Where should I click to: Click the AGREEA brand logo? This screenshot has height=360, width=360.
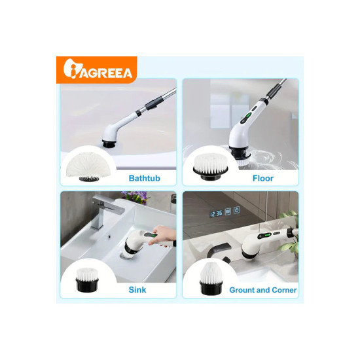[x=98, y=69]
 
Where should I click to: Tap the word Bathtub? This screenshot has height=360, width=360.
[x=145, y=179]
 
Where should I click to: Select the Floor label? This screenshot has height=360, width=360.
[x=263, y=179]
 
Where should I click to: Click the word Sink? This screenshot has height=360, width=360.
[x=137, y=290]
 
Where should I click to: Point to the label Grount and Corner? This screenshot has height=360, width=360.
[x=263, y=290]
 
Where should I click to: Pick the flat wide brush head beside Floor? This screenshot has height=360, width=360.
[x=211, y=167]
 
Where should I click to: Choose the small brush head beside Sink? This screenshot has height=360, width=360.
[x=87, y=280]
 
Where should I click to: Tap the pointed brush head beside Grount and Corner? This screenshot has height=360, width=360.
[x=211, y=278]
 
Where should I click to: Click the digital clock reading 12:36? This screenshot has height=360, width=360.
[x=216, y=214]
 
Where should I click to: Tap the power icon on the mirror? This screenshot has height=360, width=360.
[x=237, y=209]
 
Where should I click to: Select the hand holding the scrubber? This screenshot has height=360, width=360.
[x=162, y=236]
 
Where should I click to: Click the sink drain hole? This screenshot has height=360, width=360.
[x=109, y=236]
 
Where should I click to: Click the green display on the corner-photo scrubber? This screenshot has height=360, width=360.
[x=266, y=236]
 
